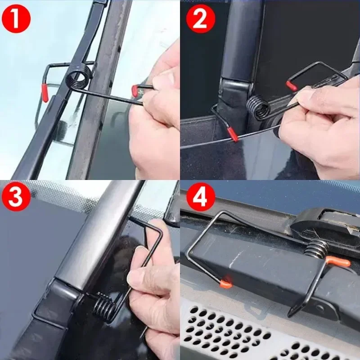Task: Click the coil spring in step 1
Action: click(79, 76)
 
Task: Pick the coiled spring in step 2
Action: click(258, 108)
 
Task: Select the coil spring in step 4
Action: click(318, 249)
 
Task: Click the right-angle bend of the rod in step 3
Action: click(159, 228)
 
